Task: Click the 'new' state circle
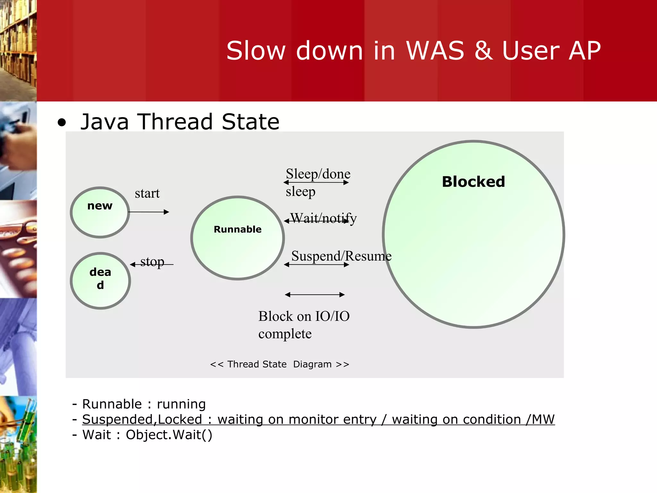100,212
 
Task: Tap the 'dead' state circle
100,281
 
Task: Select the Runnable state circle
237,238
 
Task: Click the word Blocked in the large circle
473,182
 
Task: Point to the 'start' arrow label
147,194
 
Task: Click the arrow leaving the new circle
149,212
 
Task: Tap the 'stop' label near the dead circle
152,262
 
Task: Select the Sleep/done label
318,174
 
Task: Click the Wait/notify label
323,218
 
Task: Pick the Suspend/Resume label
341,256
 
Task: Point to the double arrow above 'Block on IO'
315,295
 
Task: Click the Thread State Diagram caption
279,364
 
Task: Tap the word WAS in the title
435,51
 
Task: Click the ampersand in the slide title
483,51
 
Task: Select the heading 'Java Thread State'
180,122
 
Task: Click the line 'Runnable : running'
143,404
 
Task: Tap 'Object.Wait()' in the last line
169,435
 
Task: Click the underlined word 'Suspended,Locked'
142,419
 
